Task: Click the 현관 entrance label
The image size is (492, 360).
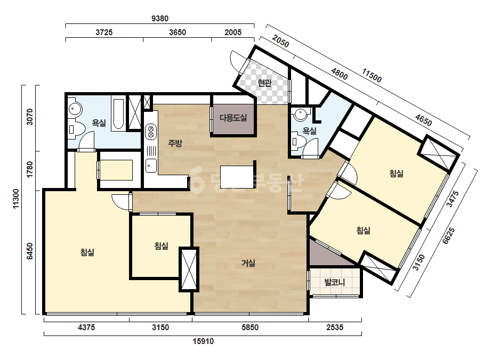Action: click(264, 83)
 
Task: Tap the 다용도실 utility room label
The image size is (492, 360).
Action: click(233, 118)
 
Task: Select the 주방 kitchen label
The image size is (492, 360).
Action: click(175, 143)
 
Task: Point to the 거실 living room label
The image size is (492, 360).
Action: click(248, 263)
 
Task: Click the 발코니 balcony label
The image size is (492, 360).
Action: click(334, 282)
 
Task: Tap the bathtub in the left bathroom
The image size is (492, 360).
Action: click(118, 114)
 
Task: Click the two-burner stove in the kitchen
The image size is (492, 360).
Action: click(151, 132)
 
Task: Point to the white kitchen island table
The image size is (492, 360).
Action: click(237, 177)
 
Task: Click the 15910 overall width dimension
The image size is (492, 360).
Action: click(203, 341)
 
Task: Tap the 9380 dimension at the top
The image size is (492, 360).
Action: click(160, 19)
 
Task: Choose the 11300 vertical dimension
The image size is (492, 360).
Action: click(16, 199)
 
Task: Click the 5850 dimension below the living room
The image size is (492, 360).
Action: click(250, 328)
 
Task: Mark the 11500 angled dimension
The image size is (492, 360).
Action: click(372, 76)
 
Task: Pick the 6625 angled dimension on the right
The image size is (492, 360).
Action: click(448, 236)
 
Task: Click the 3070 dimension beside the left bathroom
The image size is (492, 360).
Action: click(29, 117)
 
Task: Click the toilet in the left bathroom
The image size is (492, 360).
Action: click(76, 129)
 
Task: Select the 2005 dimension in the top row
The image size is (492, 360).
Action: click(233, 32)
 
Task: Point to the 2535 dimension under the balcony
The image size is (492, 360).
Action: click(335, 328)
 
